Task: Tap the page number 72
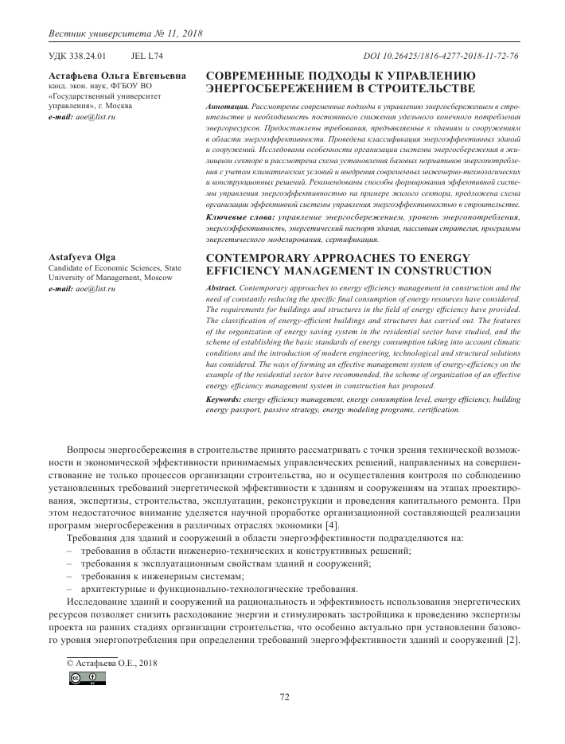point(283,697)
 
